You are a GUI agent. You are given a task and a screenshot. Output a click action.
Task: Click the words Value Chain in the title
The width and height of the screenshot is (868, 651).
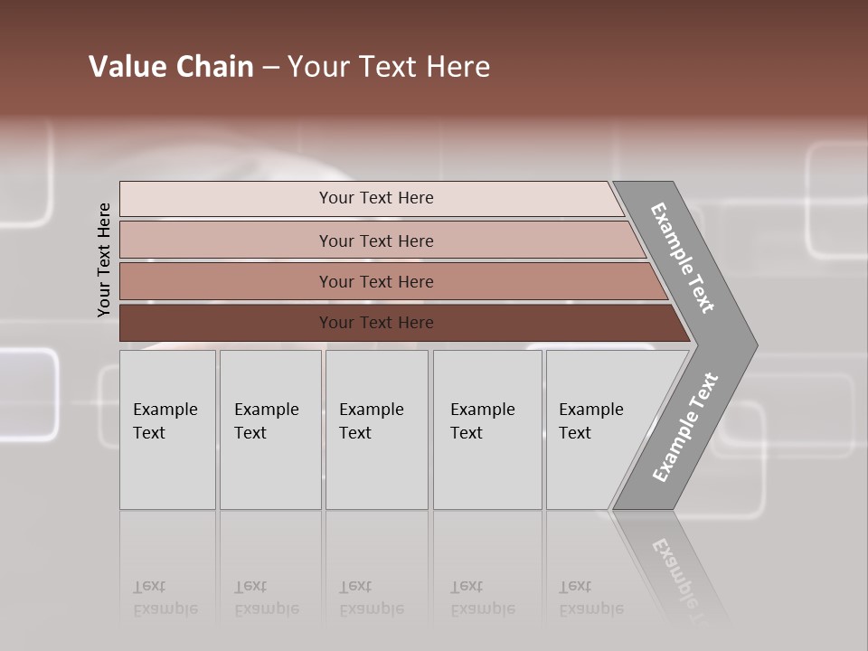point(171,67)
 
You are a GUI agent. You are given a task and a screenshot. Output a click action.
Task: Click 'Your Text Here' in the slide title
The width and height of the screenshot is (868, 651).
point(389,67)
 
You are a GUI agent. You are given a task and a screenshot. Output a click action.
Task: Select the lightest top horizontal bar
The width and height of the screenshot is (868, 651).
point(226,198)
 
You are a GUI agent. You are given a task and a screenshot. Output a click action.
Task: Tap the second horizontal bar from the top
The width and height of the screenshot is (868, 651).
point(226,241)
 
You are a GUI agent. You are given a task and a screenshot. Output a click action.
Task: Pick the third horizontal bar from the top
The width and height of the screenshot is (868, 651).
point(226,281)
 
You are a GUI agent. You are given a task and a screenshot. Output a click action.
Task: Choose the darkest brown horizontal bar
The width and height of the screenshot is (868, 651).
point(226,323)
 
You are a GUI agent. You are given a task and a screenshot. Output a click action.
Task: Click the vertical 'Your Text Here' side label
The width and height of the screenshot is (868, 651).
point(104,259)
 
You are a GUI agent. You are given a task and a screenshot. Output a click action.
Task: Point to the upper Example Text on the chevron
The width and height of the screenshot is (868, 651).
point(683,258)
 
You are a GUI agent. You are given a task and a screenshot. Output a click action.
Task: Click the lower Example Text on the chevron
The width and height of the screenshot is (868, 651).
point(684,428)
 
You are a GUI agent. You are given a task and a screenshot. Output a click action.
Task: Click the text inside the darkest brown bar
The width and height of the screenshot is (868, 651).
point(376,323)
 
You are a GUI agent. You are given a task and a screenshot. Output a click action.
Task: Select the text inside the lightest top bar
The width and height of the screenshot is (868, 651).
point(376,198)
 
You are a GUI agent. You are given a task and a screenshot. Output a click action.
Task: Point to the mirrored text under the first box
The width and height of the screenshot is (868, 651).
point(165,599)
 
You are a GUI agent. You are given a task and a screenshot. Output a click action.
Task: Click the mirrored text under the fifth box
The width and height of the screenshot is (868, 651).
point(590,599)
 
